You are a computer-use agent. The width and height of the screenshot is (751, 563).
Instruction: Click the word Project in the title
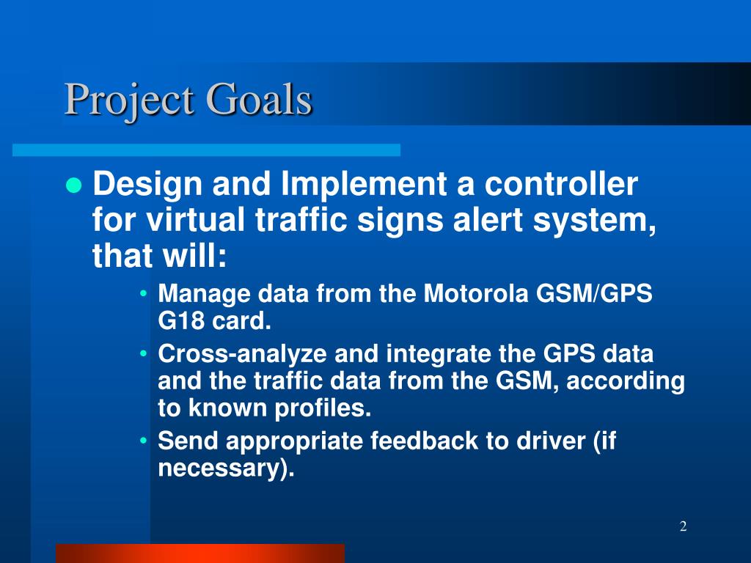click(129, 100)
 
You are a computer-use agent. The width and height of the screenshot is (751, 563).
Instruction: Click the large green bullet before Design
click(74, 185)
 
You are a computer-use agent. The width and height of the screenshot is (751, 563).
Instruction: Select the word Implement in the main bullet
click(364, 184)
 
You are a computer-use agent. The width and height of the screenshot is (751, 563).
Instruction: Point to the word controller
click(561, 183)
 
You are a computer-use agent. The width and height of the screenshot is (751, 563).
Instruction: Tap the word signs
click(400, 221)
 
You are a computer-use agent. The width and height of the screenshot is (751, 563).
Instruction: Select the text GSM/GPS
click(594, 293)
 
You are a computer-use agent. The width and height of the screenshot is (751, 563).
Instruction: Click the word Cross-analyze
click(242, 355)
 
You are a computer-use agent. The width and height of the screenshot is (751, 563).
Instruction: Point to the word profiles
click(323, 408)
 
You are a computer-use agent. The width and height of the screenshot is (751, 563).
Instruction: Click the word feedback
click(424, 441)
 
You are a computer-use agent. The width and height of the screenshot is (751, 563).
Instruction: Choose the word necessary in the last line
click(219, 469)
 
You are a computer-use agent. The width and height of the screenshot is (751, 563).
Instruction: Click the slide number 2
click(684, 526)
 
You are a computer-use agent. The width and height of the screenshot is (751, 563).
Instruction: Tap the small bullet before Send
click(143, 441)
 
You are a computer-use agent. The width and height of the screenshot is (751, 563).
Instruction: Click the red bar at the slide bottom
click(200, 553)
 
